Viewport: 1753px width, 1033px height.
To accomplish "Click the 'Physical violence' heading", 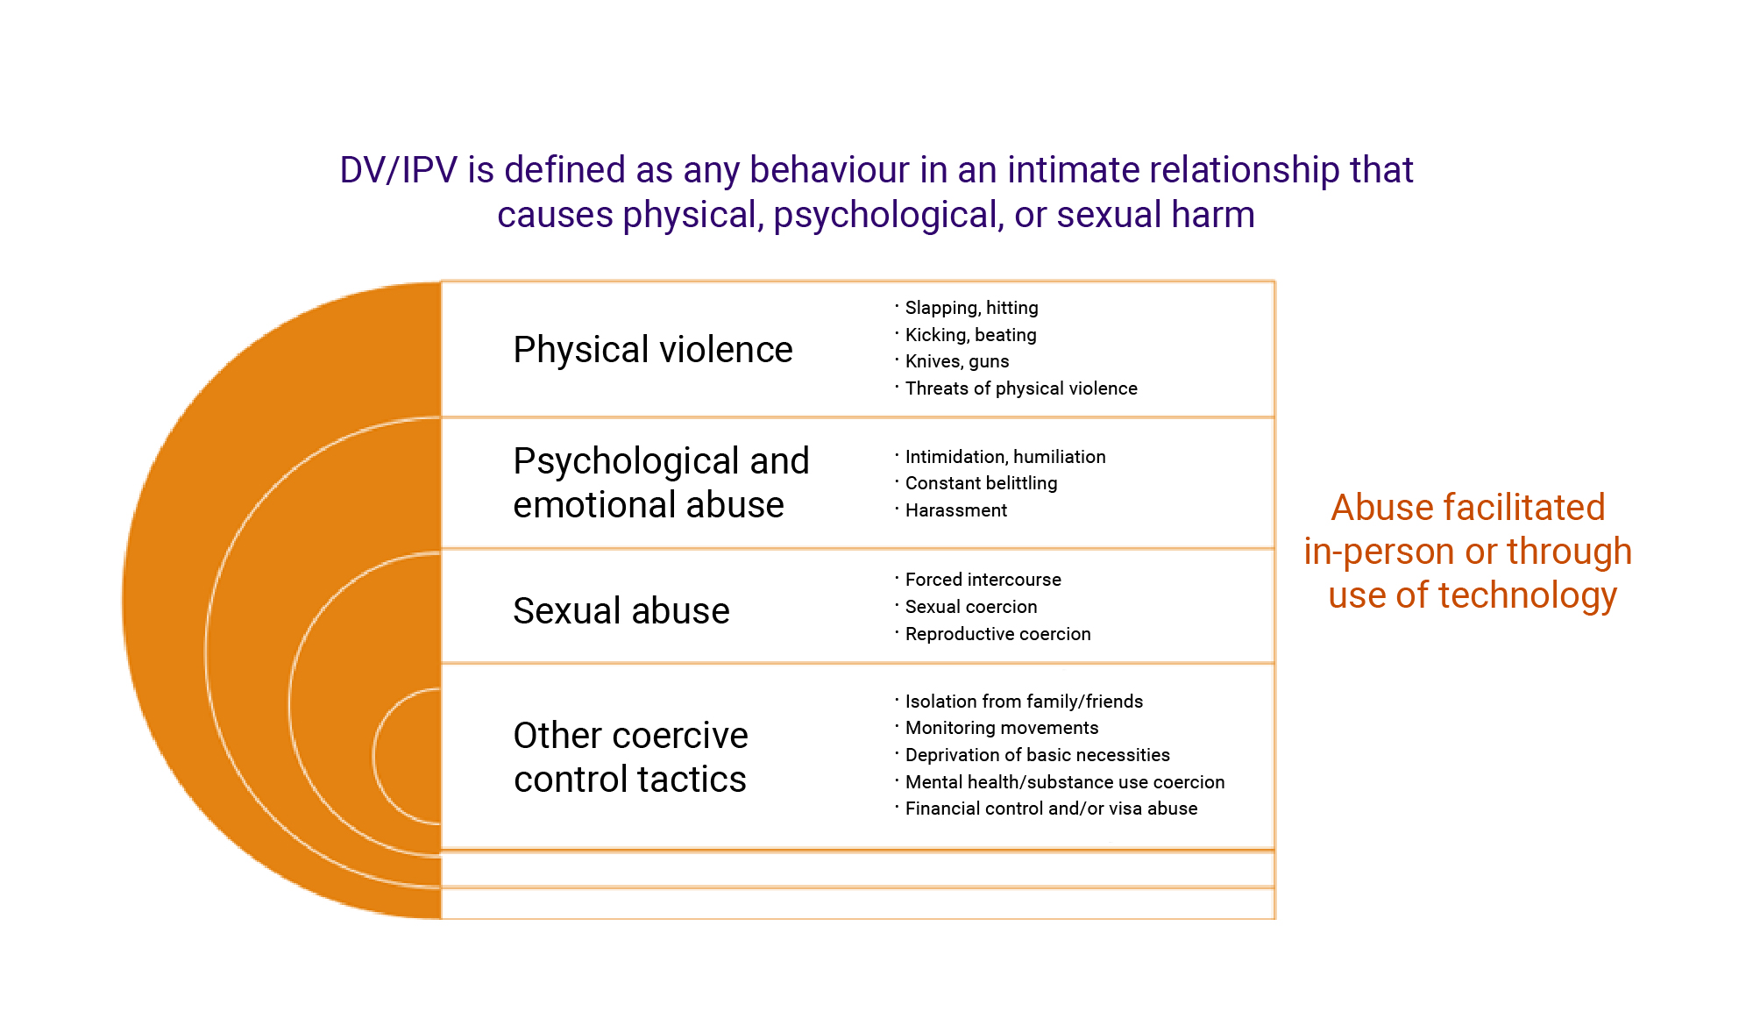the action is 653,350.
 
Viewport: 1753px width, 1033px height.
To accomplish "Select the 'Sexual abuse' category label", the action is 621,610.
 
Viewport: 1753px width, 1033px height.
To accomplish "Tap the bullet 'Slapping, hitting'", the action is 971,308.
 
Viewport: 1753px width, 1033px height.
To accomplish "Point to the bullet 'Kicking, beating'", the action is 970,335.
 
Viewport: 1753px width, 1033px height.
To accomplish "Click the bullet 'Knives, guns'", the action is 957,361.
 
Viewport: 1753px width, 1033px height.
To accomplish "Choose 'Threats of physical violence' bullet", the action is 1021,388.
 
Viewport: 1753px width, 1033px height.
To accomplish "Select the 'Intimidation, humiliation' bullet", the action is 1005,457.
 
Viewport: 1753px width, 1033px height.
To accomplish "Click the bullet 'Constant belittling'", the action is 981,483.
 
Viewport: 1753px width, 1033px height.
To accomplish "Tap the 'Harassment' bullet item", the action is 955,510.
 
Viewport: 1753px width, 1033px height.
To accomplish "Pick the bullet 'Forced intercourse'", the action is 983,580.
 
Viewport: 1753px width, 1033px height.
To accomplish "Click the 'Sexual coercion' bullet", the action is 971,607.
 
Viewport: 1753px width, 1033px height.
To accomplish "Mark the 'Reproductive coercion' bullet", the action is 997,634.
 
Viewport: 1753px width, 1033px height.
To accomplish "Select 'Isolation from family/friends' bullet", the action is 1024,702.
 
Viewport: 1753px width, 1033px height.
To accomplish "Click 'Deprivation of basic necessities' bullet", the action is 1037,755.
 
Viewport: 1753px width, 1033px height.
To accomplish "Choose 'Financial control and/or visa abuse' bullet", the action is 1051,809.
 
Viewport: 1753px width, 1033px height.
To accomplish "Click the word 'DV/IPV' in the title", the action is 399,170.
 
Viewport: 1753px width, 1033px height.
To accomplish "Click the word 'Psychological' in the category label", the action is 626,462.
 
